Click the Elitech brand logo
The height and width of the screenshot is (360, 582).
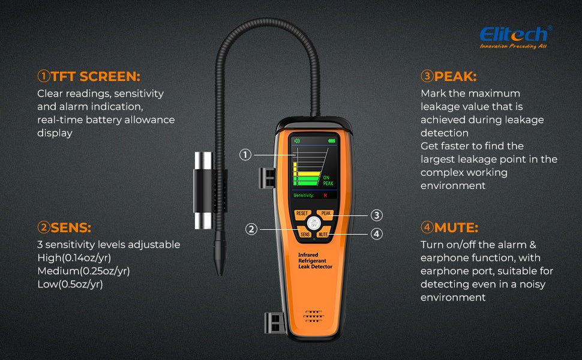pyautogui.click(x=515, y=37)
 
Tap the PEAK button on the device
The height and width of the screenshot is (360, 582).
pyautogui.click(x=326, y=214)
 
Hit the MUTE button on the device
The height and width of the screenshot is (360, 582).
pyautogui.click(x=323, y=234)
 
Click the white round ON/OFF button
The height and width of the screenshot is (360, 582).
pyautogui.click(x=314, y=223)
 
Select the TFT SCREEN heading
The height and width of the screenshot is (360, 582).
pyautogui.click(x=89, y=76)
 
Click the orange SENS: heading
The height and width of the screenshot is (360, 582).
pyautogui.click(x=64, y=227)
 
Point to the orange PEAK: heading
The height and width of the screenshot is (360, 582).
pyautogui.click(x=449, y=76)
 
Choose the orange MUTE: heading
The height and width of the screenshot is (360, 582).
pyautogui.click(x=449, y=227)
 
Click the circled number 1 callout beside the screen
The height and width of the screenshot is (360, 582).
pyautogui.click(x=245, y=154)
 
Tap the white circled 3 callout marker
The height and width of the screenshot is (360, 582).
pyautogui.click(x=376, y=215)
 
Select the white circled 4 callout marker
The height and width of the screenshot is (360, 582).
pyautogui.click(x=376, y=234)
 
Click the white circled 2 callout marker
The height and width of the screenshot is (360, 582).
pyautogui.click(x=251, y=229)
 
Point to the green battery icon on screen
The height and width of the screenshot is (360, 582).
pyautogui.click(x=331, y=141)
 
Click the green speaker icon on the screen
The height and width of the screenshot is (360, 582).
pyautogui.click(x=297, y=140)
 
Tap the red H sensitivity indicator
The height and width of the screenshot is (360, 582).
pyautogui.click(x=325, y=195)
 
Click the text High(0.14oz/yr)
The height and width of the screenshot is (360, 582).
pyautogui.click(x=74, y=257)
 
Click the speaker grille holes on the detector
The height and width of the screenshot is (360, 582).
pyautogui.click(x=314, y=316)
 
